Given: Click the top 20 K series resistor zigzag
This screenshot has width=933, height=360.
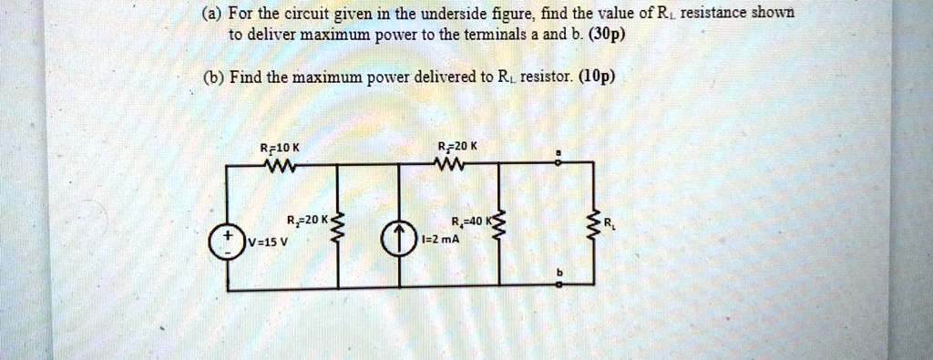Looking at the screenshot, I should [x=453, y=166].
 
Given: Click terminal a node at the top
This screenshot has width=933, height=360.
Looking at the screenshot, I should [x=559, y=164].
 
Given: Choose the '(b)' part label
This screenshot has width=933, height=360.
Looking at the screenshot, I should [x=213, y=77].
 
